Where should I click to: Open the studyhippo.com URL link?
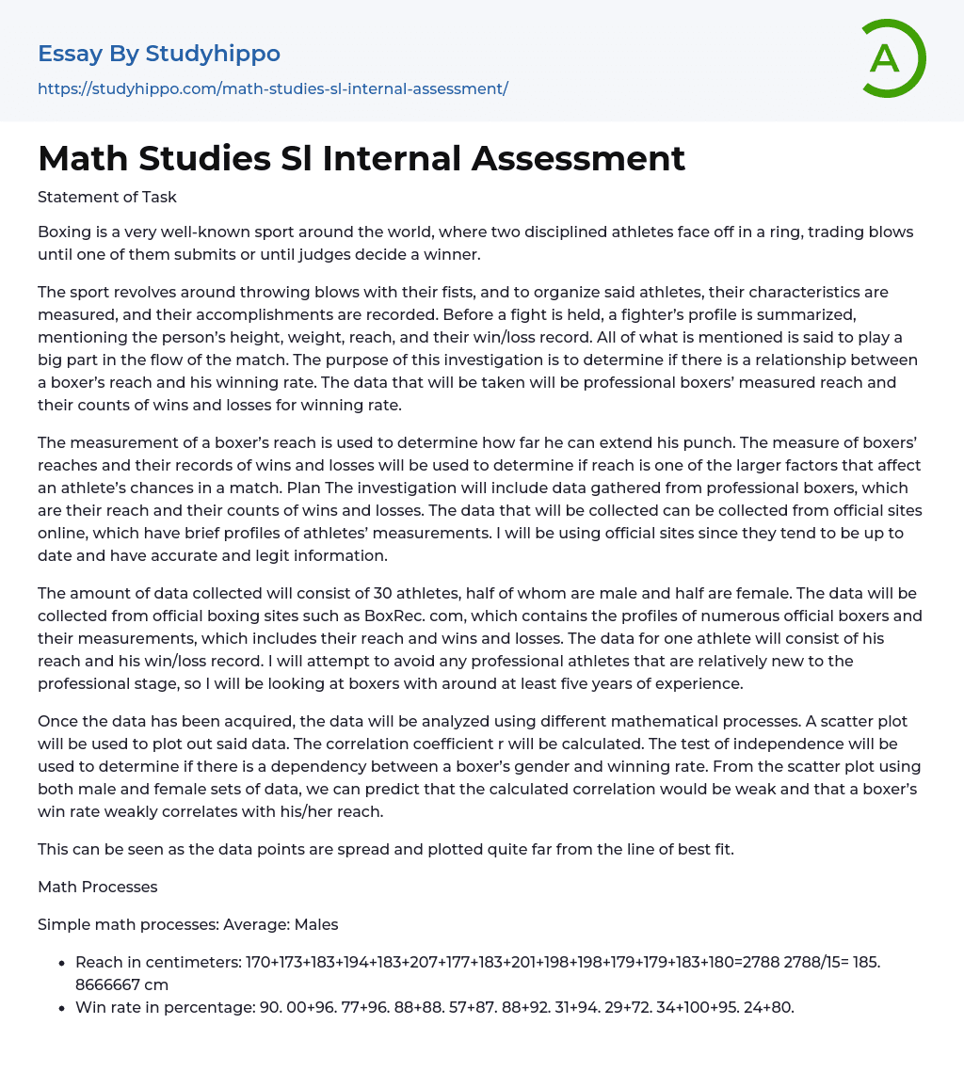[273, 88]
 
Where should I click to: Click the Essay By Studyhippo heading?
[159, 54]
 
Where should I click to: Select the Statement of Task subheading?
[107, 197]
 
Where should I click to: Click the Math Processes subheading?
[98, 887]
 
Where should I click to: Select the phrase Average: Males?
[281, 924]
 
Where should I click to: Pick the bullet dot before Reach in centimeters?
[62, 963]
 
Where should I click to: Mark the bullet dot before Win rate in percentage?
[62, 1007]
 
